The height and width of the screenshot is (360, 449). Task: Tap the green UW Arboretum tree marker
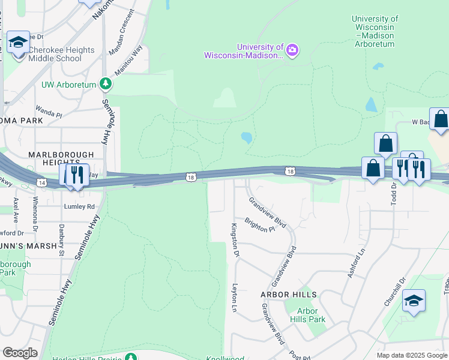106,83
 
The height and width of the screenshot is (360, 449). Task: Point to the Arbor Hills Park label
308,315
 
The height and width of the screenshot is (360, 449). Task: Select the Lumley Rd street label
80,206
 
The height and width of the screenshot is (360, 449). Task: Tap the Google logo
20,352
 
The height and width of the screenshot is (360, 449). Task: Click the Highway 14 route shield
41,182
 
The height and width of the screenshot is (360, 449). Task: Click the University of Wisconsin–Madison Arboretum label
375,31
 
